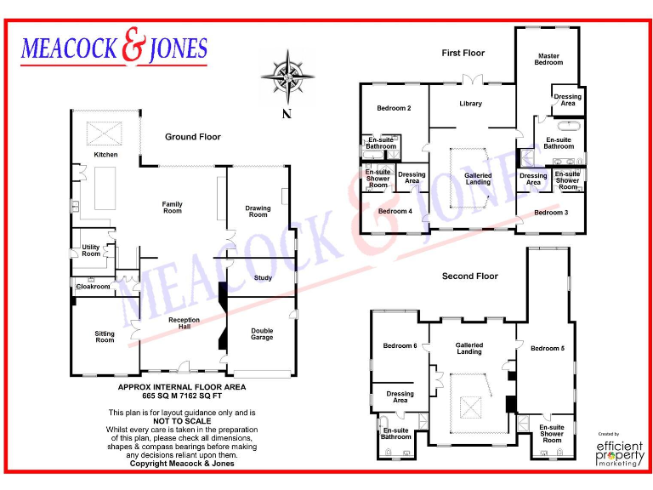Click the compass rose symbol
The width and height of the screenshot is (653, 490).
(x=287, y=77)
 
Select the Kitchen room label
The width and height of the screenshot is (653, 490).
(x=106, y=155)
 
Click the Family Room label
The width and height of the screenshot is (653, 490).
(x=173, y=208)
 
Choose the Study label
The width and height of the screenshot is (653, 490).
(x=263, y=277)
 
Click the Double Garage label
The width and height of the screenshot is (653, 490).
(x=262, y=334)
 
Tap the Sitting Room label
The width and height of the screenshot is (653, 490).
(x=105, y=337)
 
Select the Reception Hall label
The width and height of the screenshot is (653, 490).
(x=184, y=324)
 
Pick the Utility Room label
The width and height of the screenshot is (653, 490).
(x=91, y=250)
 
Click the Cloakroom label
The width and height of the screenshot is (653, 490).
(x=94, y=287)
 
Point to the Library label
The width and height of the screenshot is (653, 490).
(x=470, y=104)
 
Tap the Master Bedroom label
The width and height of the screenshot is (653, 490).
(x=548, y=60)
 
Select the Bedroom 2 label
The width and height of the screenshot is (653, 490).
(x=395, y=108)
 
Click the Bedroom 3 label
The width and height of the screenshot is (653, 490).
(x=551, y=212)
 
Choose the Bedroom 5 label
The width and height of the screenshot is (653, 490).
(x=547, y=349)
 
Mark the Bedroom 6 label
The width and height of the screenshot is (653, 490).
(x=400, y=345)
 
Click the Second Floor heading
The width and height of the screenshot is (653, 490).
(x=469, y=276)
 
